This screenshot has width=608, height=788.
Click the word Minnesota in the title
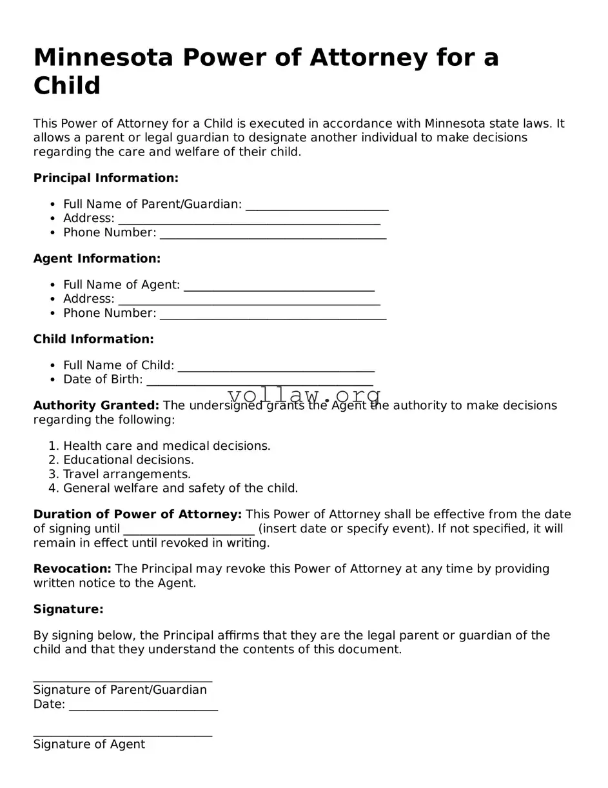tap(103, 58)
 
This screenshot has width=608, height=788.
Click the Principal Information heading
tap(106, 177)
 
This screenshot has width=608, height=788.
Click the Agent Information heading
tap(97, 258)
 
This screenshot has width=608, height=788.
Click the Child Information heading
tap(93, 339)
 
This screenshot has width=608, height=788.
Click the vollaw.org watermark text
tap(304, 395)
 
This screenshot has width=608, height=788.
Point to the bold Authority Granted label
tap(96, 405)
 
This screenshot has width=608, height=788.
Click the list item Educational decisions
tap(128, 460)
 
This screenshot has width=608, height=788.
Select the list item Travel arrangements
tap(126, 474)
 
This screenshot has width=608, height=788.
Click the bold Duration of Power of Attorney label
tap(137, 514)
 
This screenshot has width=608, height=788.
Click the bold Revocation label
tap(72, 569)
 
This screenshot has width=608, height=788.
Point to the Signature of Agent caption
tap(89, 744)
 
